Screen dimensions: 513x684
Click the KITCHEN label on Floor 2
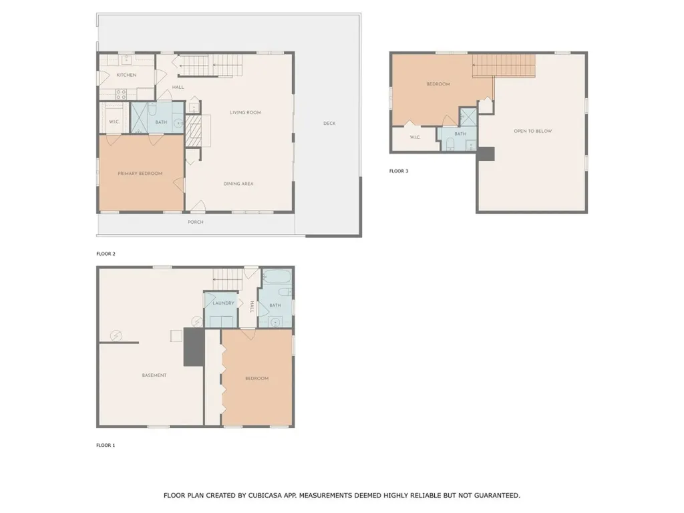(126, 75)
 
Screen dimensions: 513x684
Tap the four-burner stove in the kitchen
(122, 94)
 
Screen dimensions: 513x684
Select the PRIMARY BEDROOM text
(140, 174)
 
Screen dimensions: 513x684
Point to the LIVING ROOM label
(245, 113)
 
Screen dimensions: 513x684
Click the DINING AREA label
(238, 184)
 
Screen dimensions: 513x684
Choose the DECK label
(329, 124)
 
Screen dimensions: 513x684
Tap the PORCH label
(196, 222)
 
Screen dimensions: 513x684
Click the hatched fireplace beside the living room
(193, 130)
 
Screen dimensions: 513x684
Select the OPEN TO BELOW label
(533, 132)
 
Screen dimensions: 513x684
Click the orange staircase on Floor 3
(504, 66)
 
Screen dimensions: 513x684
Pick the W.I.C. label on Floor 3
(414, 138)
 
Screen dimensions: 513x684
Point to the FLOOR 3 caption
(399, 171)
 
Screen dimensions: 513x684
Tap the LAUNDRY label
(223, 303)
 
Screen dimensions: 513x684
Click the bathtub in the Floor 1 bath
(275, 277)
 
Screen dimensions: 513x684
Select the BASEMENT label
(154, 375)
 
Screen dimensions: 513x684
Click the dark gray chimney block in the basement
(194, 347)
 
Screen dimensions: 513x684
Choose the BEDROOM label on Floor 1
(256, 379)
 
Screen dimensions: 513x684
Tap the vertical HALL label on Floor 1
(252, 307)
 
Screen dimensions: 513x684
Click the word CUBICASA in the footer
(265, 496)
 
